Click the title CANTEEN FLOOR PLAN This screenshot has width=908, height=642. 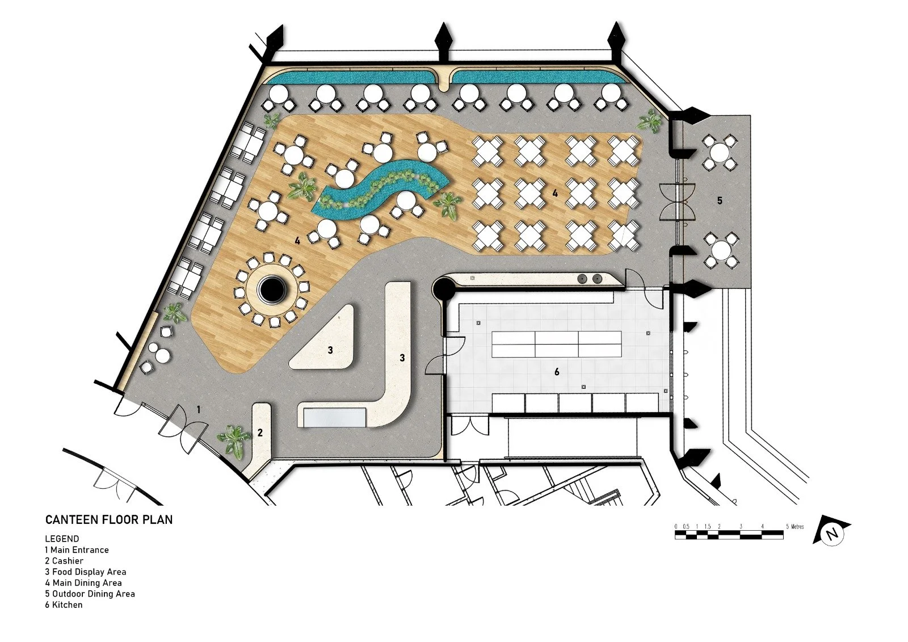tap(109, 519)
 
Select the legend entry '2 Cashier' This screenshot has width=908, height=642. tap(64, 561)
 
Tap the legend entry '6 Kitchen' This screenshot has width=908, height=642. tap(64, 605)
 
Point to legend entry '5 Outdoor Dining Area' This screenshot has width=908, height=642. tap(90, 594)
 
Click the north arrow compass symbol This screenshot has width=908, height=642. tap(832, 533)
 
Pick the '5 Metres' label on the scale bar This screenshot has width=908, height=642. tap(794, 527)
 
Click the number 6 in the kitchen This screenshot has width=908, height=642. tap(557, 372)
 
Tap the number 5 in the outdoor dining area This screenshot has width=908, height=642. tap(720, 200)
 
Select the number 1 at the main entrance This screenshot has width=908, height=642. tap(199, 409)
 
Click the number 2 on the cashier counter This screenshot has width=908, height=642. tap(260, 433)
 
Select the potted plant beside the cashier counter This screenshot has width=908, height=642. tap(233, 440)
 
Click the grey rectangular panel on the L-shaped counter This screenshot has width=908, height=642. tap(335, 418)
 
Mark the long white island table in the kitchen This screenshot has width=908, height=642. tap(557, 344)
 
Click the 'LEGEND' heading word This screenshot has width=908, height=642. tap(62, 539)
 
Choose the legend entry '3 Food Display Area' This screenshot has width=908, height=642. tap(85, 572)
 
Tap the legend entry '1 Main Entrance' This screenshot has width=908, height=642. tap(77, 550)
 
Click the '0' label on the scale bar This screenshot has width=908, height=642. tap(676, 527)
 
